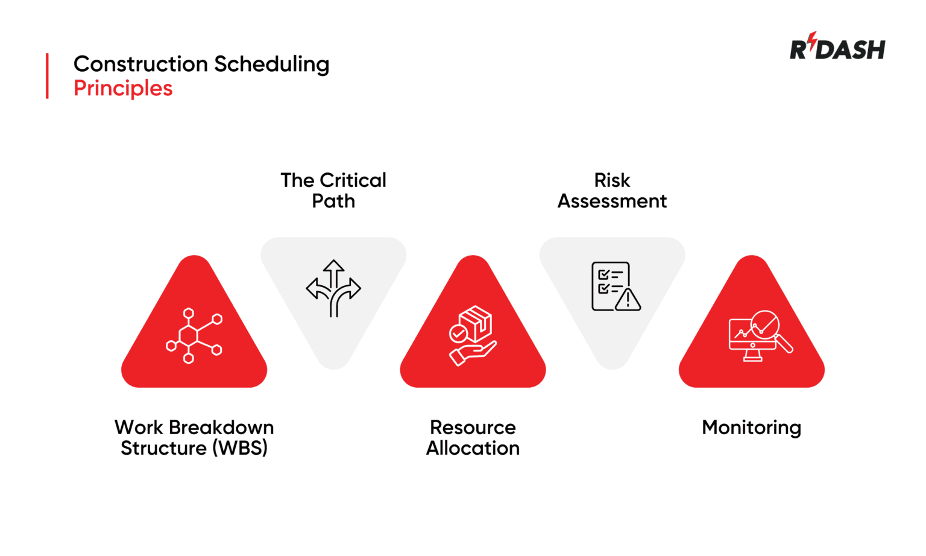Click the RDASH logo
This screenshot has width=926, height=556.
(837, 48)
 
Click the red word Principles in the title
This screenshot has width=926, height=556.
(123, 89)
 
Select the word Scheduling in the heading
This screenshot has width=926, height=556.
(271, 65)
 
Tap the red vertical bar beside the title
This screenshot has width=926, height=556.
(47, 76)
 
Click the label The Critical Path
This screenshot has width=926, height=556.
(333, 191)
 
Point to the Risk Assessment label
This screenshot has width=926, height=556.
(612, 191)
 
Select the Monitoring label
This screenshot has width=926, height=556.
(751, 428)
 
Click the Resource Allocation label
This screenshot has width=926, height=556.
(473, 438)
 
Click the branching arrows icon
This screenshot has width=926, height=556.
(333, 288)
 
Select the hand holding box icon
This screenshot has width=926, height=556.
(473, 335)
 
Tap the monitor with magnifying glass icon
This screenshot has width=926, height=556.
(760, 336)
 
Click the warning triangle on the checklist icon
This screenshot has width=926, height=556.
(628, 300)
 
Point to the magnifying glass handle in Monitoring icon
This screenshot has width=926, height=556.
(784, 344)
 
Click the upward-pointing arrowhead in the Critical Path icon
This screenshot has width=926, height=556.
(333, 266)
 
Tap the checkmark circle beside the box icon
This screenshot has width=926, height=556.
(458, 333)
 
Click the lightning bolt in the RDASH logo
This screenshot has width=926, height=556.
(813, 41)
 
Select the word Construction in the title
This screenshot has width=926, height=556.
(140, 65)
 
